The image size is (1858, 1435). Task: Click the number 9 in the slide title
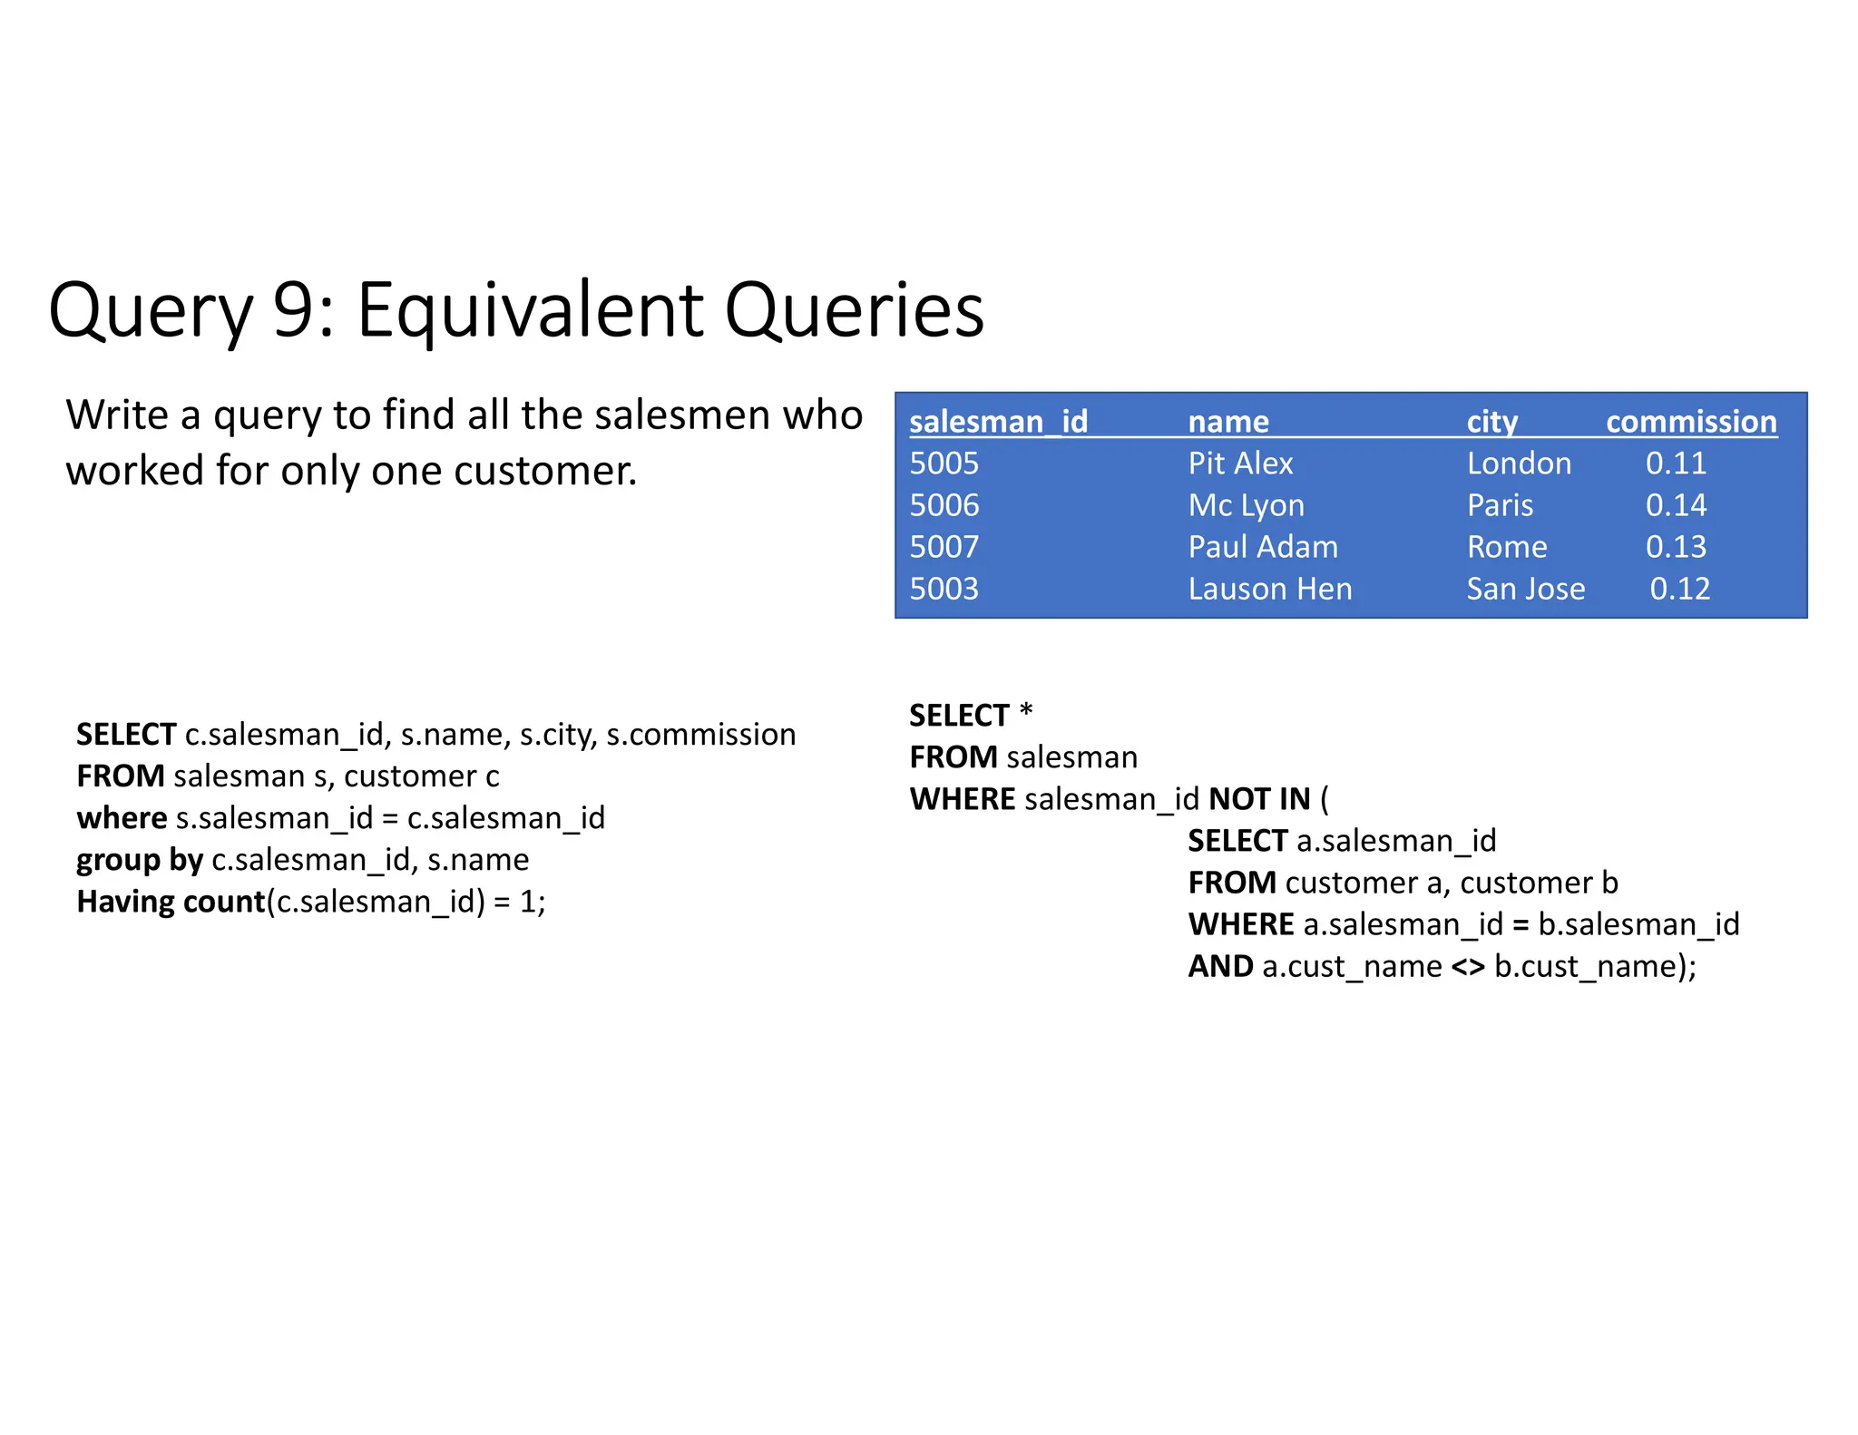[x=292, y=310]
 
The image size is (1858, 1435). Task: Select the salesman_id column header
[x=997, y=422]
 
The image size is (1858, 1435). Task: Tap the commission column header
[x=1690, y=422]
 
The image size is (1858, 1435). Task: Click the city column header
[x=1491, y=422]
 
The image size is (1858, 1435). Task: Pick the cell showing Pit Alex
[x=1239, y=464]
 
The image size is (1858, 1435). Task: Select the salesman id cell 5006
[x=944, y=505]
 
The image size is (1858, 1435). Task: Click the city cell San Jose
[x=1525, y=589]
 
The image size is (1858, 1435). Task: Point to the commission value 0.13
[x=1675, y=547]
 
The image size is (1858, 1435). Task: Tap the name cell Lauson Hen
[x=1269, y=589]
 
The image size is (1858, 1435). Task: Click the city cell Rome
[x=1506, y=547]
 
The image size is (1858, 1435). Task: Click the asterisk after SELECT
[x=1026, y=712]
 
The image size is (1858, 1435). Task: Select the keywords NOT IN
[x=1259, y=799]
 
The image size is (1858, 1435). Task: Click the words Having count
[x=170, y=902]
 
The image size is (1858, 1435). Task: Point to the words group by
[x=139, y=860]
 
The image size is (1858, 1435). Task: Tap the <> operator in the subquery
[x=1467, y=967]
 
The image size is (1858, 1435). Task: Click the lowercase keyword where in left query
[x=122, y=818]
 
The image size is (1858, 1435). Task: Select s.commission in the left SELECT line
[x=700, y=735]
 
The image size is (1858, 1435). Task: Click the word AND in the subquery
[x=1220, y=967]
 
